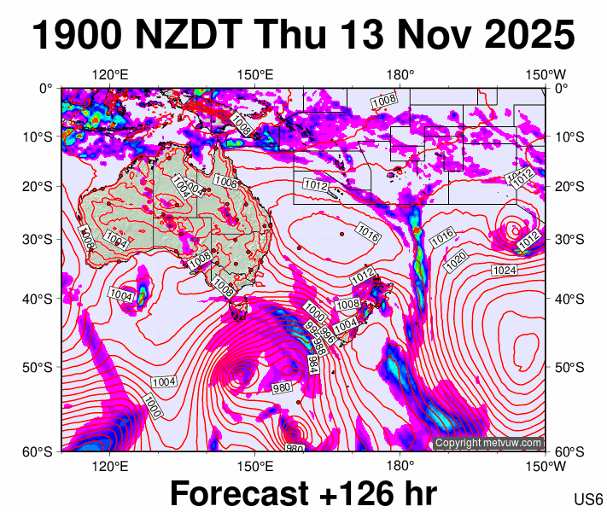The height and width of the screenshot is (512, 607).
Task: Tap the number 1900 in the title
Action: tap(81, 36)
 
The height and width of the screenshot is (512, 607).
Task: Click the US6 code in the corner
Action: tap(589, 499)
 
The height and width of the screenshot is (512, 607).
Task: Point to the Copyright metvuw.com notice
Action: tap(488, 443)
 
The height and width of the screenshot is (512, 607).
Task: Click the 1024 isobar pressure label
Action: tap(505, 271)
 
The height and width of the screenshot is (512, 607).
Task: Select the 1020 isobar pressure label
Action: tap(457, 257)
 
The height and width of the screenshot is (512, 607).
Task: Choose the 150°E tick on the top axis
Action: tap(254, 74)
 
